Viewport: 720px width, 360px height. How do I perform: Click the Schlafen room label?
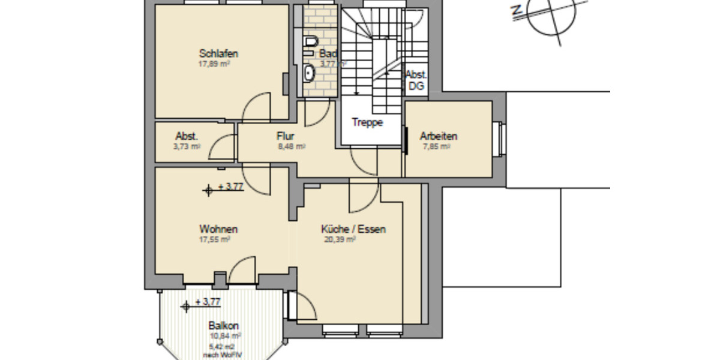tap(218, 54)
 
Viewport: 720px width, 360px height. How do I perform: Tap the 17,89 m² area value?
tap(215, 64)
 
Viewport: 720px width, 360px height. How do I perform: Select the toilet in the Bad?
tap(310, 42)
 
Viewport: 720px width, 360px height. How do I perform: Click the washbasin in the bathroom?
tap(310, 73)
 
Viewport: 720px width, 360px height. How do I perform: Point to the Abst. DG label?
tap(416, 80)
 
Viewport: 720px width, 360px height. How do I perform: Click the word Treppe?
tap(367, 122)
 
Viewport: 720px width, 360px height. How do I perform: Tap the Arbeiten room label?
tap(439, 136)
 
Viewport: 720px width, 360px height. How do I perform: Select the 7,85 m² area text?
tap(436, 146)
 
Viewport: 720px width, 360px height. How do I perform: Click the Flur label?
tap(285, 136)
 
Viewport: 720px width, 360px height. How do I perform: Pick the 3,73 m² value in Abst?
tap(187, 146)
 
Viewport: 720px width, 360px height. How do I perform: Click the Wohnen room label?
tap(218, 229)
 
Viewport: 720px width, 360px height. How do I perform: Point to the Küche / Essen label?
tap(353, 229)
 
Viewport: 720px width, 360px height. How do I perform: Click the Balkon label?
tap(224, 326)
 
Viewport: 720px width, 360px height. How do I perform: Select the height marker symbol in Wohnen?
tap(209, 190)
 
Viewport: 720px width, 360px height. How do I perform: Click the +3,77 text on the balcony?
tap(208, 302)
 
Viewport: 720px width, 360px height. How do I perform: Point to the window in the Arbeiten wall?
tap(499, 139)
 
